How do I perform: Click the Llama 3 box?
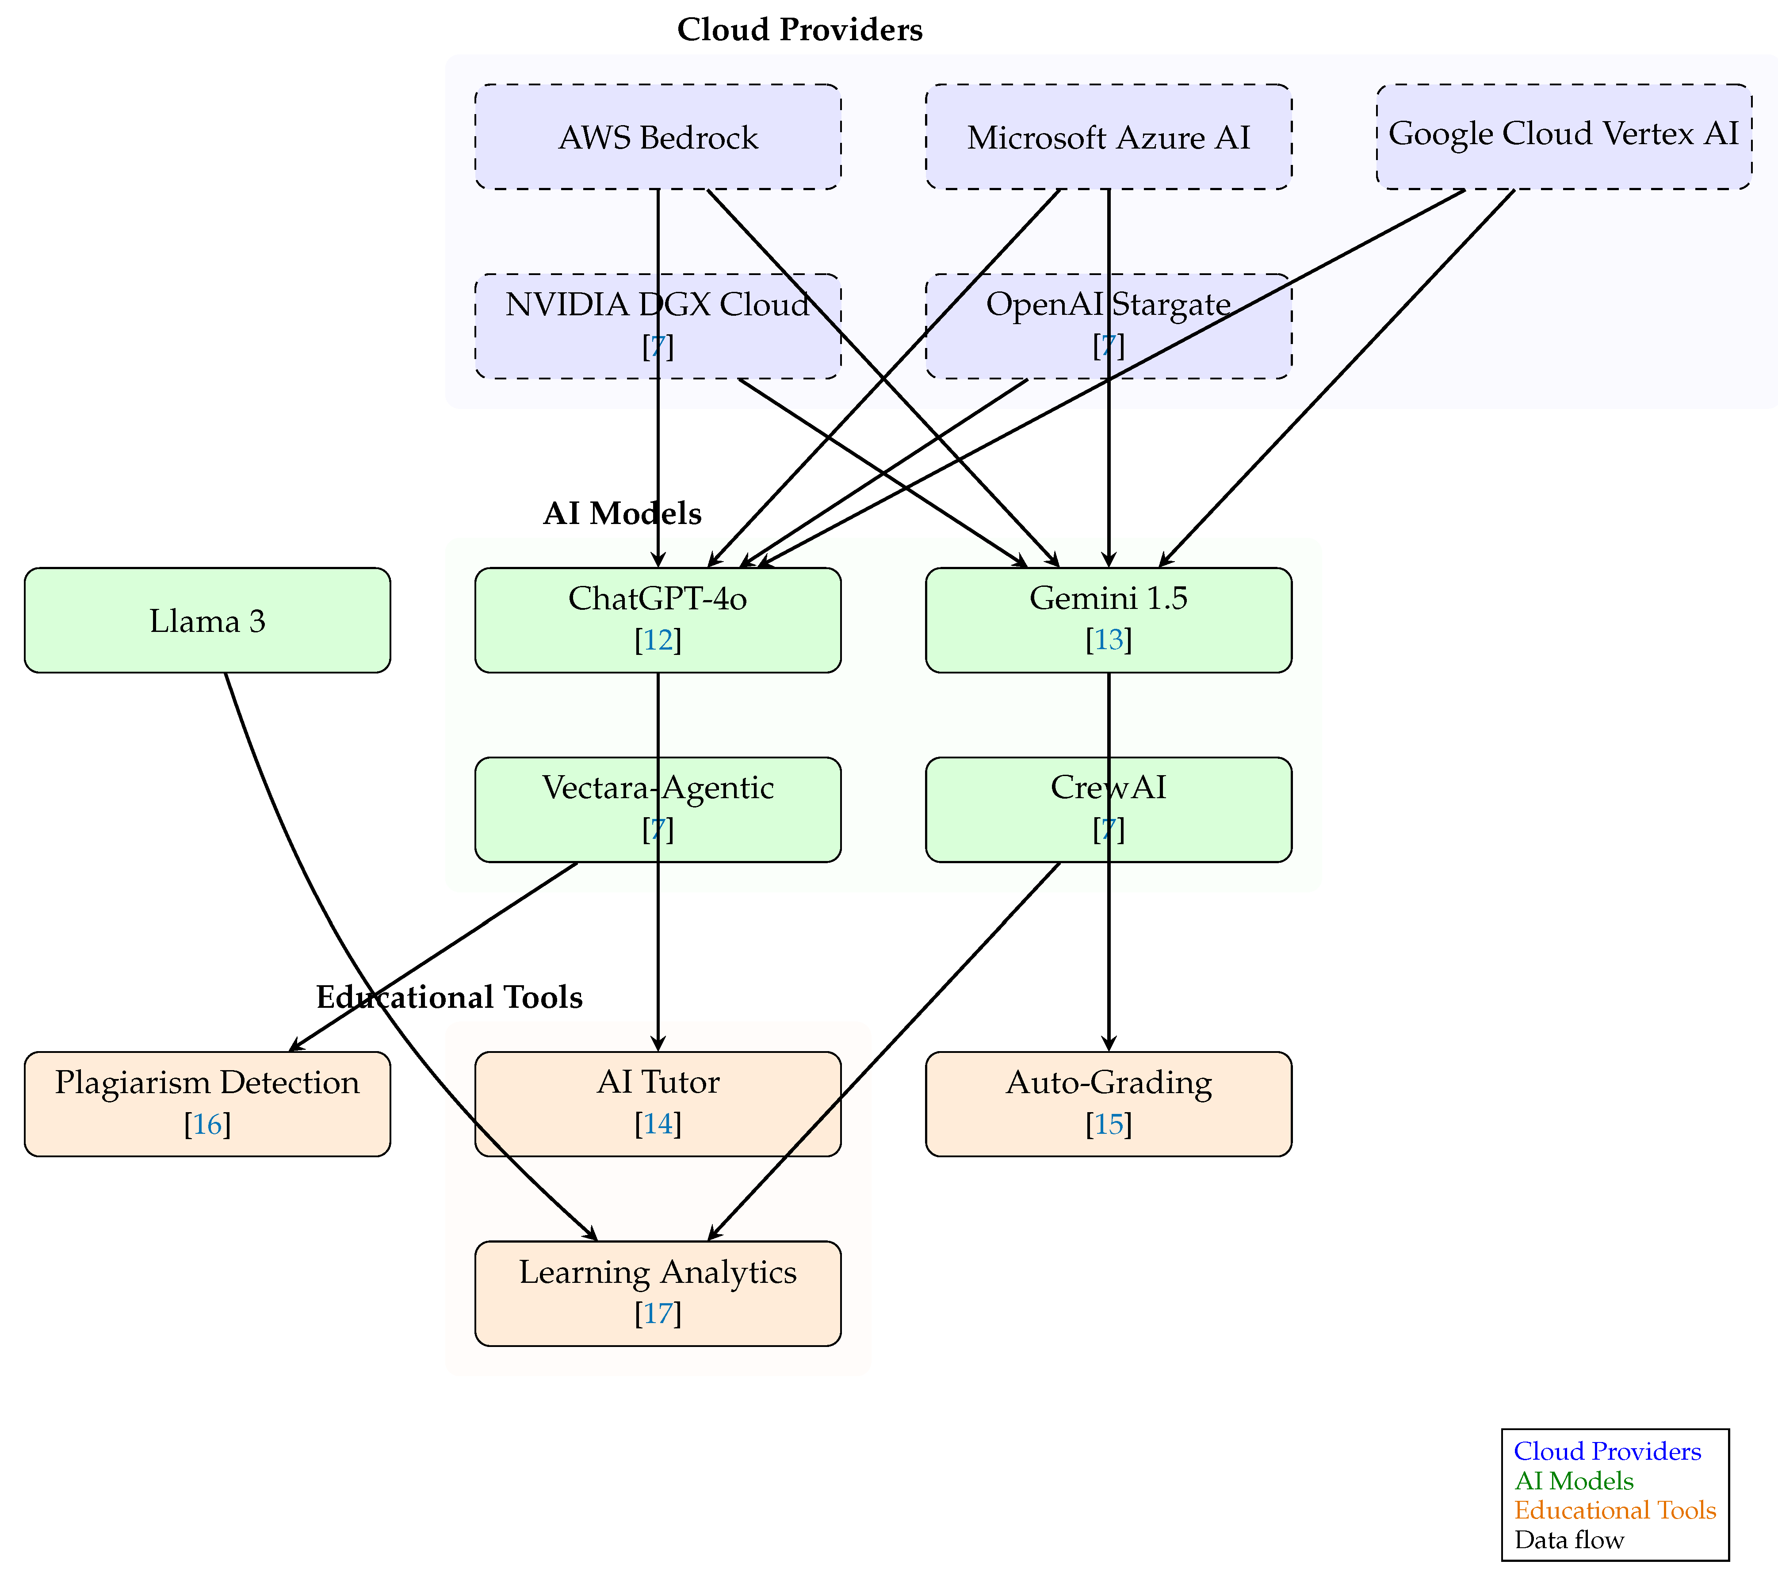click(207, 620)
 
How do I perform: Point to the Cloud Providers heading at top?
click(799, 30)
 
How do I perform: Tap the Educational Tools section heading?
click(449, 997)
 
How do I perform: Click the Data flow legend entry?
click(1568, 1540)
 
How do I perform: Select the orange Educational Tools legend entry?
click(1614, 1511)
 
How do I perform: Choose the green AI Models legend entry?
click(1574, 1481)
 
